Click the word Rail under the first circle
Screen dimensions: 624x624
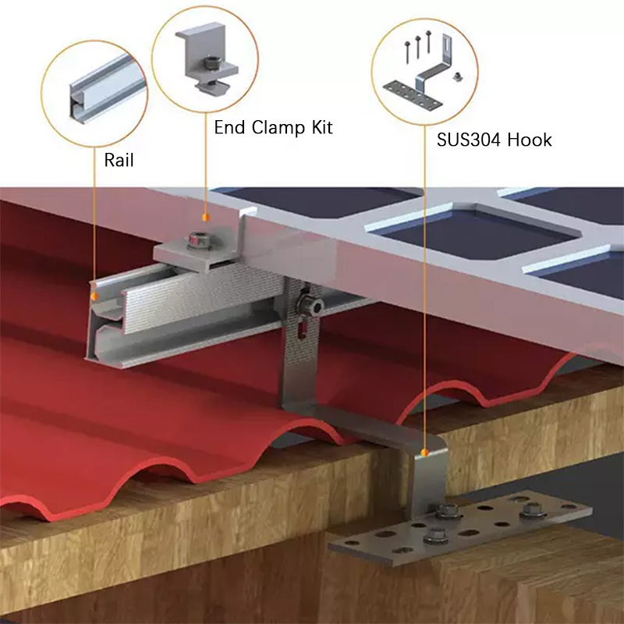(119, 161)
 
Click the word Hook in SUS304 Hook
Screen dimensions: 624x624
(530, 140)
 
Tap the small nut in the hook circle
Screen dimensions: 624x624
(461, 75)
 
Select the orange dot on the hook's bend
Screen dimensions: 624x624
(424, 451)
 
